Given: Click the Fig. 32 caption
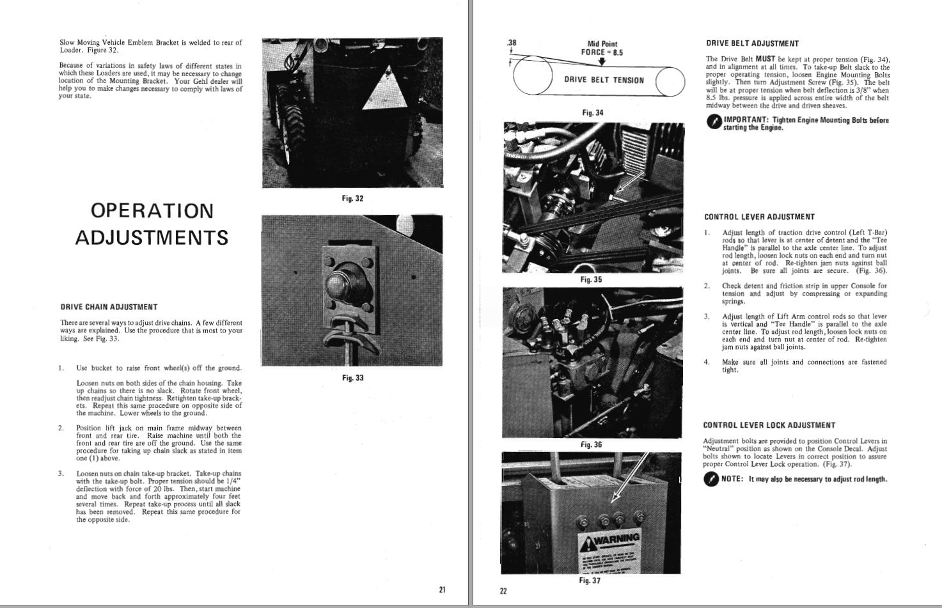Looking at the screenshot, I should point(352,199).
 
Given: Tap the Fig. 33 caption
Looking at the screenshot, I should point(352,378).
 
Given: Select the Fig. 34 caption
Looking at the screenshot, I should point(592,113).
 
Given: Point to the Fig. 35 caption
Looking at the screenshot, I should point(591,279).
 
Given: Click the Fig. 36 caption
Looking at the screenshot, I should point(591,444).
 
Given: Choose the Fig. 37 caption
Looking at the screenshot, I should point(590,581).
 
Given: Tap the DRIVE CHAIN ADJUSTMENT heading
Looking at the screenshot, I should point(109,307).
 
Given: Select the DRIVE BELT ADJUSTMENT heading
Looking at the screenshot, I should point(752,43).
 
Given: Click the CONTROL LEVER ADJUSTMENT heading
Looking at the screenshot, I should point(759,217).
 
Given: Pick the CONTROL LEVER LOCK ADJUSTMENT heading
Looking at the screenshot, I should point(769,425).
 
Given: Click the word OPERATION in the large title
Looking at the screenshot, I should point(152,210).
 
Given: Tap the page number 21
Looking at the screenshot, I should point(442,589).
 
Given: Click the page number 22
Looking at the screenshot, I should point(503,591).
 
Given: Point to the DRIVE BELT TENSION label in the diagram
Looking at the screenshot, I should point(604,80).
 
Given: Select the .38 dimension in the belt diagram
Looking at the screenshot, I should point(511,43).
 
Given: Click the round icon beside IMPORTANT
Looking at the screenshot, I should point(714,123).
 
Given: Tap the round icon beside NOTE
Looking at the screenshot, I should point(710,479).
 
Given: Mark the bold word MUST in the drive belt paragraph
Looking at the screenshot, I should point(765,59).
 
